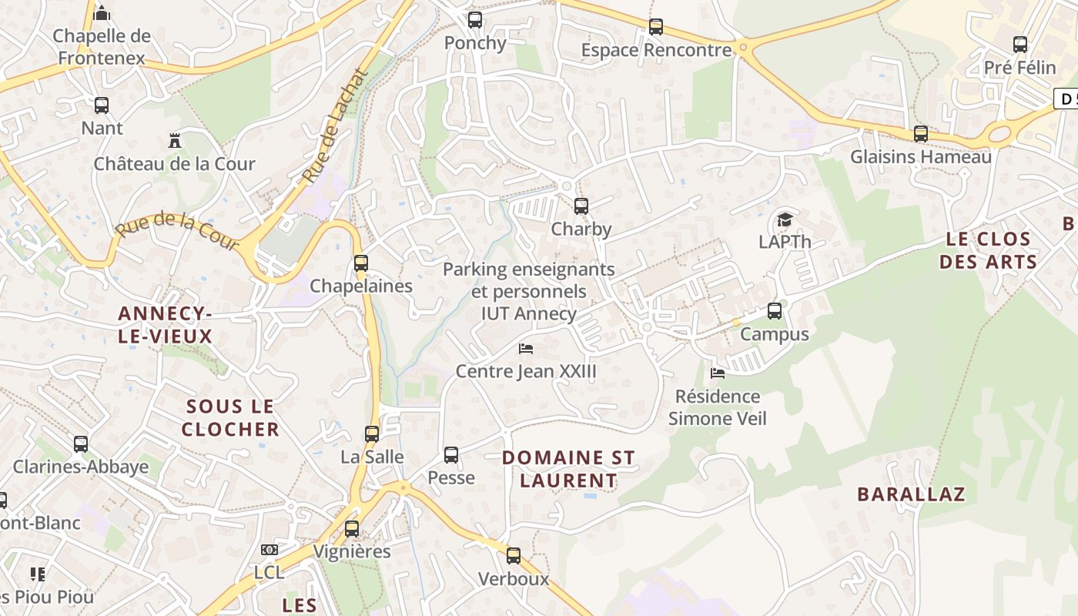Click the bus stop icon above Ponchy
click(475, 20)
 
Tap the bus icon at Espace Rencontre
click(656, 27)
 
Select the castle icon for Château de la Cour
click(175, 141)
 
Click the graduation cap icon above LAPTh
click(785, 219)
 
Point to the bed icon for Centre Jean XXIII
click(526, 349)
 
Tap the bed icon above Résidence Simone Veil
click(718, 373)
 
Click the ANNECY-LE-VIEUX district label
click(165, 325)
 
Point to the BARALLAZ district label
click(911, 494)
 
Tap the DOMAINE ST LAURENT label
click(568, 469)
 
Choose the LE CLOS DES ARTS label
click(989, 250)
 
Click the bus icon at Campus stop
click(775, 311)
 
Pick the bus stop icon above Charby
click(581, 206)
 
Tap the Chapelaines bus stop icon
click(361, 263)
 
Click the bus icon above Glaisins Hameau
click(921, 134)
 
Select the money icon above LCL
click(269, 550)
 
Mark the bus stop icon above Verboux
click(514, 556)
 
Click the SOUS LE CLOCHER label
click(230, 417)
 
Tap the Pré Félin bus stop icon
click(1020, 45)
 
